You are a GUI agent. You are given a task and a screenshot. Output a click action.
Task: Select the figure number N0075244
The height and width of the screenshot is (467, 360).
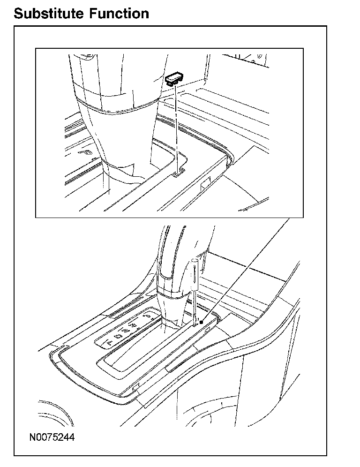pyautogui.click(x=52, y=437)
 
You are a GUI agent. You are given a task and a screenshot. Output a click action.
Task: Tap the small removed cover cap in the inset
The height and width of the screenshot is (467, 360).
pyautogui.click(x=176, y=77)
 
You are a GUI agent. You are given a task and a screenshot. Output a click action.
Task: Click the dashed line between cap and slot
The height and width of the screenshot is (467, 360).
pyautogui.click(x=176, y=127)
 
